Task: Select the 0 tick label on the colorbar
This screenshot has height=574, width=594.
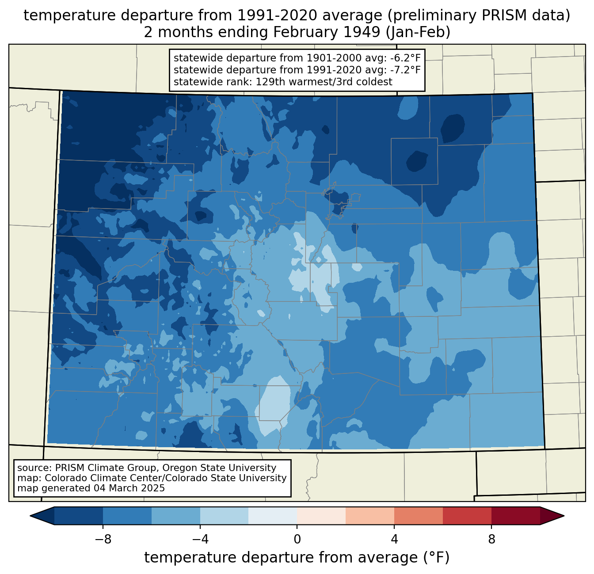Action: [x=297, y=539]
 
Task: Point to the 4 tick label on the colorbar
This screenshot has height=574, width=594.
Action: [x=394, y=539]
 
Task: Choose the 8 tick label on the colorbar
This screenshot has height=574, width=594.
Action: [x=491, y=539]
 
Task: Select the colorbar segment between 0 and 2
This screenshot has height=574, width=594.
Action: [x=321, y=516]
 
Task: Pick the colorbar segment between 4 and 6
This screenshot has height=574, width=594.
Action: [x=419, y=516]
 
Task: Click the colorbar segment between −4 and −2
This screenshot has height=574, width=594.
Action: [x=224, y=516]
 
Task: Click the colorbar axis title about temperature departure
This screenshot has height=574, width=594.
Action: [x=297, y=558]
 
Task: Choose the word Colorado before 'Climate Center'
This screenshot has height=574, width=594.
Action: [x=64, y=478]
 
